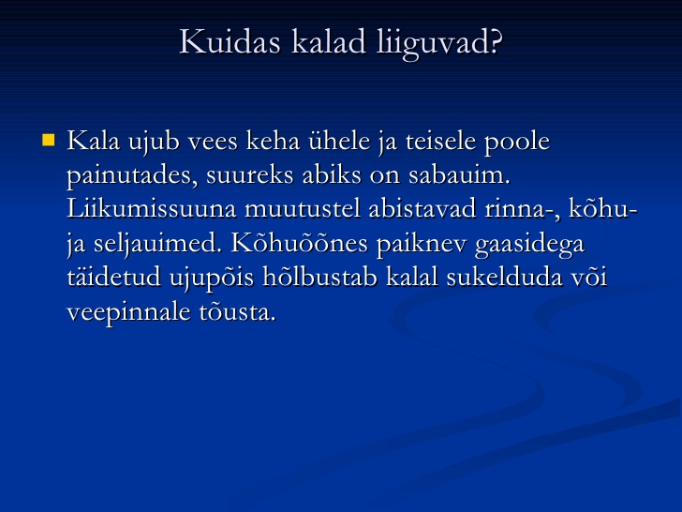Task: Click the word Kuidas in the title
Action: tap(230, 42)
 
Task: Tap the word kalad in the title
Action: tap(329, 42)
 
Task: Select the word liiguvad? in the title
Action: tap(439, 44)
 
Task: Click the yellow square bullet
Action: tap(49, 141)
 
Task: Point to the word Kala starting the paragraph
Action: tap(93, 141)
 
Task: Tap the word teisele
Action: tap(441, 141)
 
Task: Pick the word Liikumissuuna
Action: tap(152, 208)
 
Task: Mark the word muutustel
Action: tap(303, 208)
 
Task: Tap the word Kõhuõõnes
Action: tap(300, 243)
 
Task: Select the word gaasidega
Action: tap(529, 245)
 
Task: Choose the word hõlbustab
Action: tap(320, 277)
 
